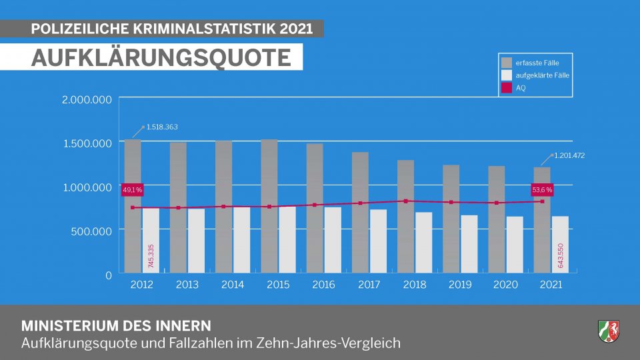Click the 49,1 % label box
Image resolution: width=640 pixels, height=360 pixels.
click(133, 190)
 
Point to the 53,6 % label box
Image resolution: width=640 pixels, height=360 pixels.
click(542, 190)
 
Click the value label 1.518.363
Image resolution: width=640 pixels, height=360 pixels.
click(162, 127)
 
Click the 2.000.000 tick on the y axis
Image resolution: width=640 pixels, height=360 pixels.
click(86, 99)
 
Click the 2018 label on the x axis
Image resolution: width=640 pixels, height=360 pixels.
click(415, 285)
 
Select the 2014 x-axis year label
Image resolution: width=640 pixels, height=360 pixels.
click(232, 285)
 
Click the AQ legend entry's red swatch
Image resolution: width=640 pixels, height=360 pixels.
click(507, 88)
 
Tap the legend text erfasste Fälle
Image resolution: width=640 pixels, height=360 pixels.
click(537, 63)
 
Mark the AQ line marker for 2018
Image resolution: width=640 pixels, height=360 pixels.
click(406, 201)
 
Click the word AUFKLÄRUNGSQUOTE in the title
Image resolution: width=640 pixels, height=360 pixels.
click(161, 57)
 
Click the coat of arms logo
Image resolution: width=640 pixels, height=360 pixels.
click(609, 331)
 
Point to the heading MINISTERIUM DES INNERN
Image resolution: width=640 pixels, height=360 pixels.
click(116, 326)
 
